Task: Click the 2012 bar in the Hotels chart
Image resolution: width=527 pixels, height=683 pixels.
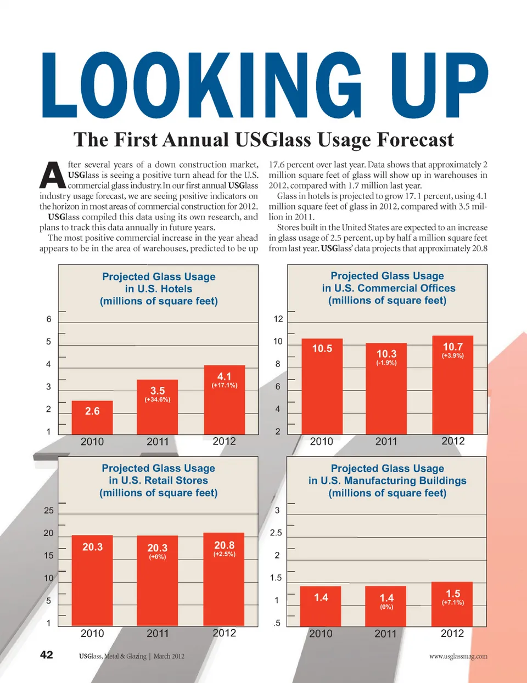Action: pyautogui.click(x=224, y=400)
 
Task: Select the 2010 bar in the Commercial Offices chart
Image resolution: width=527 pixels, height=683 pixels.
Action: pyautogui.click(x=322, y=387)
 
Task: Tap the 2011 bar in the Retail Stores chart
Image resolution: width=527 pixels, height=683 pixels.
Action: pyautogui.click(x=158, y=582)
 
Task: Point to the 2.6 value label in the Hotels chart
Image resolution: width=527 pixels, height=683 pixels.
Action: pyautogui.click(x=92, y=411)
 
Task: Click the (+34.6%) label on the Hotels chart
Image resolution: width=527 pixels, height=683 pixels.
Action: pyautogui.click(x=158, y=399)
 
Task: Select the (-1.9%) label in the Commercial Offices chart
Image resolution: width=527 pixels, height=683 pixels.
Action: pyautogui.click(x=386, y=363)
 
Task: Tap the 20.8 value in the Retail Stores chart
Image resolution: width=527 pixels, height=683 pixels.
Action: pyautogui.click(x=224, y=545)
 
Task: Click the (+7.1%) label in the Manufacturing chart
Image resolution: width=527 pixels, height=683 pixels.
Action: pyautogui.click(x=453, y=602)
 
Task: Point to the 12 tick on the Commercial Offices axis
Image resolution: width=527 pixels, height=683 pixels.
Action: pyautogui.click(x=278, y=319)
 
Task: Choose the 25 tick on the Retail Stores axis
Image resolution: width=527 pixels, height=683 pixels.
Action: pyautogui.click(x=49, y=510)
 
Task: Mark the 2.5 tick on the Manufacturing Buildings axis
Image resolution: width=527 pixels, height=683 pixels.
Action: pyautogui.click(x=276, y=533)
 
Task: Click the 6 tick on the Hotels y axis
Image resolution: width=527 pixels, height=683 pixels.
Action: pyautogui.click(x=49, y=319)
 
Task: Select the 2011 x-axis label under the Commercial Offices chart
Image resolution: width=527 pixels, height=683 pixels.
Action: pyautogui.click(x=386, y=442)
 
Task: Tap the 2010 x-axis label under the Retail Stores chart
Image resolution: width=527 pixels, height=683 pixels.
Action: pyautogui.click(x=92, y=633)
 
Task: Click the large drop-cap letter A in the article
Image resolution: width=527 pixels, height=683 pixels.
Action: pyautogui.click(x=53, y=174)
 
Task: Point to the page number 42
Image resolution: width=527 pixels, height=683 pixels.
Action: pyautogui.click(x=47, y=654)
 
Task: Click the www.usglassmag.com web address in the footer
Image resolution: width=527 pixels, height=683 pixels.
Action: pyautogui.click(x=458, y=656)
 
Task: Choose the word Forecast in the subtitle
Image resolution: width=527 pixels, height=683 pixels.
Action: pyautogui.click(x=415, y=140)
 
